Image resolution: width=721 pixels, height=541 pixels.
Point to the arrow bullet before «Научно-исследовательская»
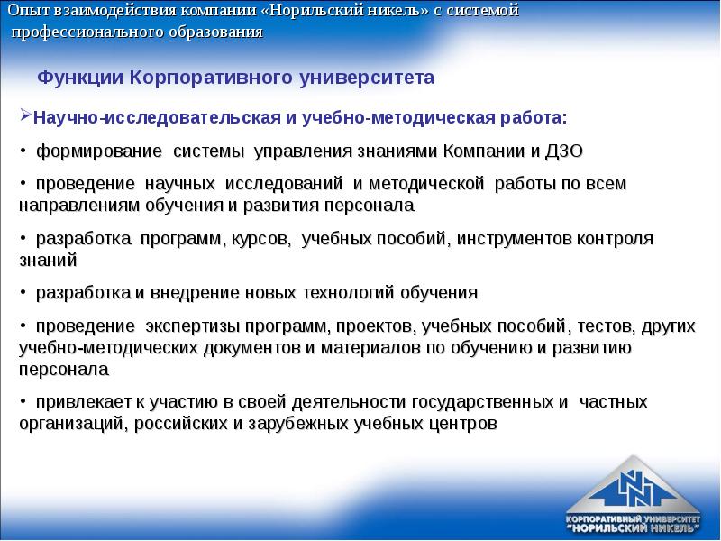[25, 117]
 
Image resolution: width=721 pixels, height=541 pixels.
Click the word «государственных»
[485, 401]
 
